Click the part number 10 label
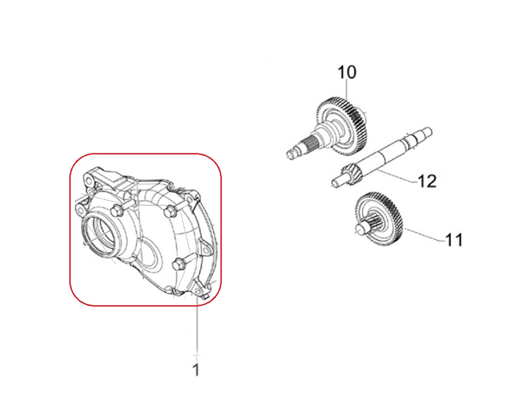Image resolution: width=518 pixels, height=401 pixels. pos(347,72)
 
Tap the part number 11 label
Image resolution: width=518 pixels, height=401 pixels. pos(454,240)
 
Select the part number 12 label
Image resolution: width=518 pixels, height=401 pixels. pos(427,181)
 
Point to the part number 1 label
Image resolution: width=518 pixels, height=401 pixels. pos(196,370)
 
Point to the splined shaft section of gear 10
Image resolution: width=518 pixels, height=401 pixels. pos(309,144)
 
